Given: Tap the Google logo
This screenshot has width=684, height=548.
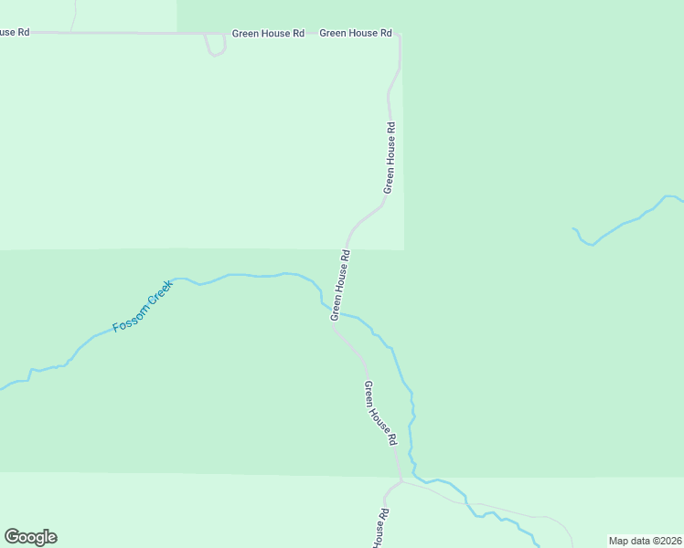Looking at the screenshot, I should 30,537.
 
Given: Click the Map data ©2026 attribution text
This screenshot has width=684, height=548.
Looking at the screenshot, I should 646,540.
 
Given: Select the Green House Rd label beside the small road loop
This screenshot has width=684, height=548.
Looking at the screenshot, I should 267,33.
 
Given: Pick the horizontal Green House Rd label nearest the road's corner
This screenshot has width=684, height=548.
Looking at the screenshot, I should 355,33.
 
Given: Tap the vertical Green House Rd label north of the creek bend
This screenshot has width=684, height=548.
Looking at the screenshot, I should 390,157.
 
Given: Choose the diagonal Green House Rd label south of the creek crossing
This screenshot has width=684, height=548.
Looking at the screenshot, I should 380,413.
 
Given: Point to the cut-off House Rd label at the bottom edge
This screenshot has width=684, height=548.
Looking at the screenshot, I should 378,527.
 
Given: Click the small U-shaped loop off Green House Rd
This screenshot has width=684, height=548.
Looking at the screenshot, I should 215,47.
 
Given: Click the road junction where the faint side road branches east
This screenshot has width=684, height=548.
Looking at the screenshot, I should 401,480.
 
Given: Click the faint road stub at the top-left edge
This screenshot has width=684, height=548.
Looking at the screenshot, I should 73,14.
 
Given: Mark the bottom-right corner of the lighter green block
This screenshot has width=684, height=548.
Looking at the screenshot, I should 403,248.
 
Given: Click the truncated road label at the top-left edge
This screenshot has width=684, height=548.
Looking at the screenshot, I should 15,32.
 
